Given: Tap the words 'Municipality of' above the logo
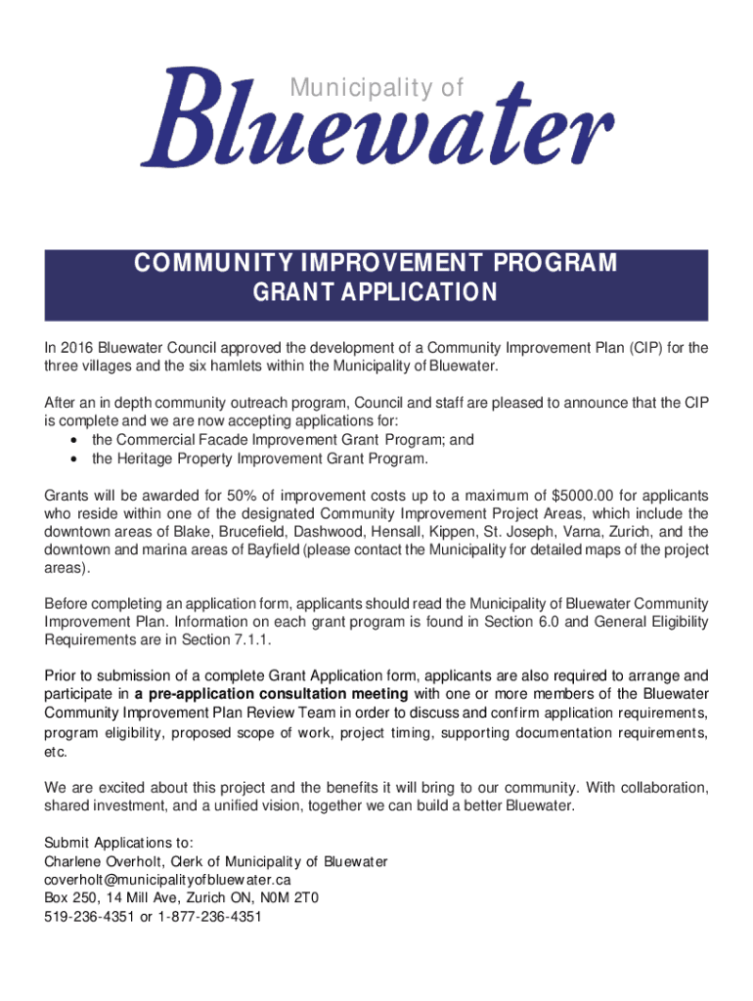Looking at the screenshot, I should [376, 89].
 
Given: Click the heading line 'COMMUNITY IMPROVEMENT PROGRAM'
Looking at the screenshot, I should [376, 264].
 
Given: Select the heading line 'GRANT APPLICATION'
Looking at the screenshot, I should [376, 293].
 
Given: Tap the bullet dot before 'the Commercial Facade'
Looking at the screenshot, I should [75, 441].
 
